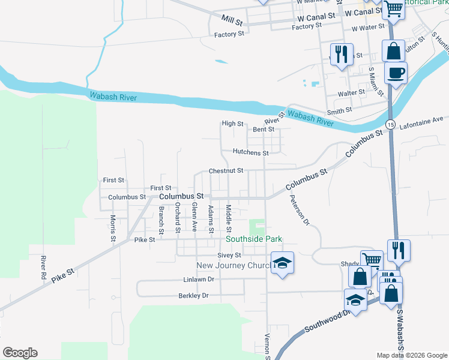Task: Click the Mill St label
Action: [x=232, y=21]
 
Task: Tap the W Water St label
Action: [x=367, y=28]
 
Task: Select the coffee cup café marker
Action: [x=396, y=73]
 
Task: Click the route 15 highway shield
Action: [x=390, y=124]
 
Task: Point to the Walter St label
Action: [x=351, y=92]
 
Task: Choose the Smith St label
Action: [x=339, y=112]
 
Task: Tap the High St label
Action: [x=232, y=124]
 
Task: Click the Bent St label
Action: [x=264, y=129]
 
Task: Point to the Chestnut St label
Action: [x=226, y=170]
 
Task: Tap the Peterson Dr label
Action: [x=298, y=210]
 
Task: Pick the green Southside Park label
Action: [x=254, y=239]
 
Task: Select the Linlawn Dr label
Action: [x=199, y=280]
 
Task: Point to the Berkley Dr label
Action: [x=193, y=295]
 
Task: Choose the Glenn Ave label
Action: [x=194, y=217]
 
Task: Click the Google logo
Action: [x=20, y=352]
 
